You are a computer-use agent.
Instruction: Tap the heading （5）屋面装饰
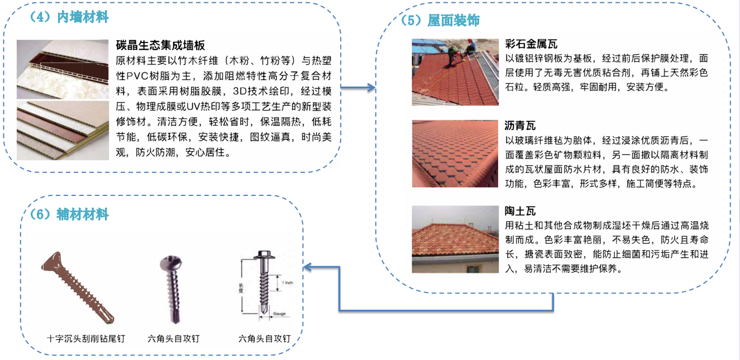coord(440,20)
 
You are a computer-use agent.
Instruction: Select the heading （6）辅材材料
coord(69,214)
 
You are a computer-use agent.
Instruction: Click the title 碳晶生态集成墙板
coord(160,45)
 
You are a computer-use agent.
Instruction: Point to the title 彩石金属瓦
coord(531,44)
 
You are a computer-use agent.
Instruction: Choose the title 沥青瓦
coord(520,126)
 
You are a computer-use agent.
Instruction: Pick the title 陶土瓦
coord(520,211)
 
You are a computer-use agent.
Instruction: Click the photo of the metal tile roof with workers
coord(455,72)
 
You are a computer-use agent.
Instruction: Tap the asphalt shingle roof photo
coord(455,153)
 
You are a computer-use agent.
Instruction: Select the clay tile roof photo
coord(455,239)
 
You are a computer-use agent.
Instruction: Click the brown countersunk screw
coord(77,287)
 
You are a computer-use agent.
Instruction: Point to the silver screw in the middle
coord(173,289)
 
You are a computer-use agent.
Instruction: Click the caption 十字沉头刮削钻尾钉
coord(86,339)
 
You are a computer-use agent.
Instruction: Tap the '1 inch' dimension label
coord(288,283)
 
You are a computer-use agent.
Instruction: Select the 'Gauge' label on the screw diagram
coord(279,314)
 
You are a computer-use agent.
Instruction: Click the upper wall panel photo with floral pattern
coord(63,69)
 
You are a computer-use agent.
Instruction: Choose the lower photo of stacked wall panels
coord(63,131)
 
